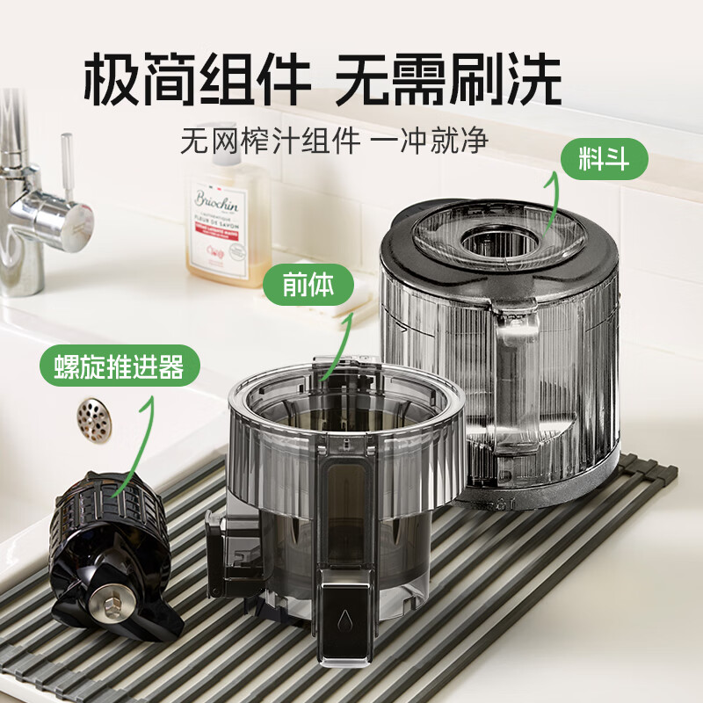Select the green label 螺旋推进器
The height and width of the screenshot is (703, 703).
[x=120, y=366]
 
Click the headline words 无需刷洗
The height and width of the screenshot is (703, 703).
[x=448, y=81]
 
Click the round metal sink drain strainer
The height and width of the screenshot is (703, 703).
[x=94, y=419]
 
